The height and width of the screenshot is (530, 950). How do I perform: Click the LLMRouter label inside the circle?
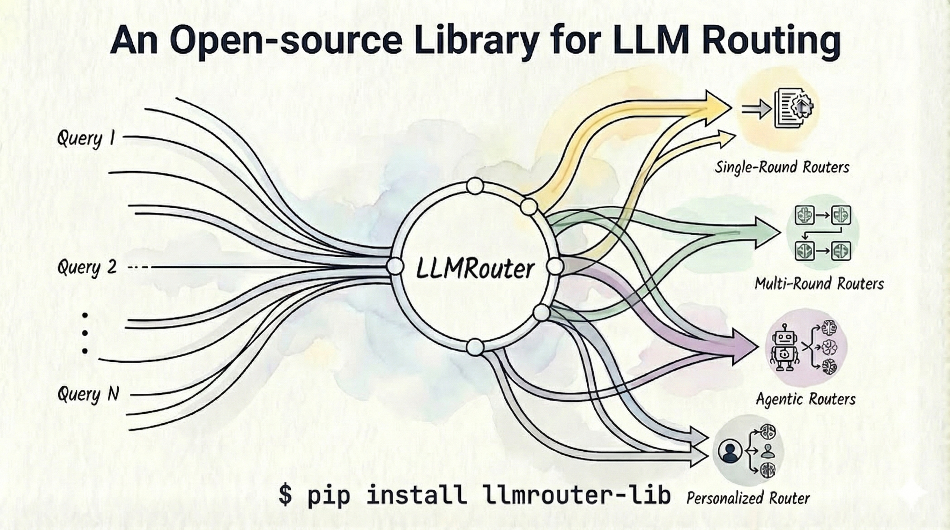475,269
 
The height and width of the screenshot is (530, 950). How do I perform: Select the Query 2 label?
87,267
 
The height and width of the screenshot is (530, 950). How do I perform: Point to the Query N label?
88,395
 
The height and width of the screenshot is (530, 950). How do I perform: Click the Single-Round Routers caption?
782,168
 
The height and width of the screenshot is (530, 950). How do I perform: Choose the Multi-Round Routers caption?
819,284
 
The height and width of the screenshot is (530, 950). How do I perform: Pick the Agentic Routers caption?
805,399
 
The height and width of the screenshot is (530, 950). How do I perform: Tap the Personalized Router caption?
748,499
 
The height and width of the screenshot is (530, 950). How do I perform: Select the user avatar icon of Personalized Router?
730,451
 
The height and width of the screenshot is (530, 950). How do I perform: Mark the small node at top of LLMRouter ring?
475,186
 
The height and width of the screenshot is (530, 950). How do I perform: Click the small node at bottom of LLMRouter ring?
475,347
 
